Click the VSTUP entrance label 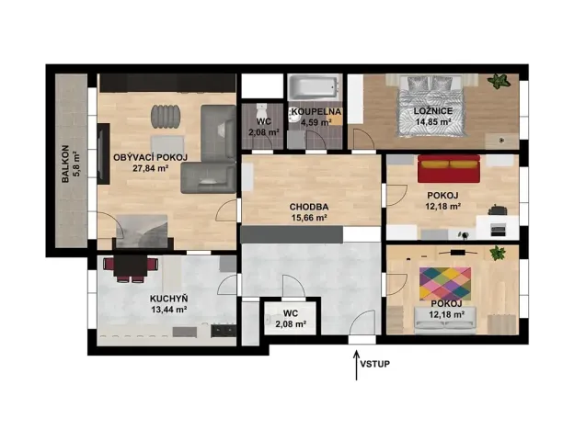(375, 364)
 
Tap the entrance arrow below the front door (356, 366)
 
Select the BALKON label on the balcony (65, 164)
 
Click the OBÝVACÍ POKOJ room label (151, 158)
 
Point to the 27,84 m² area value (151, 168)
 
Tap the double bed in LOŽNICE (432, 107)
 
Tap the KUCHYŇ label (168, 300)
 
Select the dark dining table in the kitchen (131, 266)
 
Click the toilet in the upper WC (262, 109)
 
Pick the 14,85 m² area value (433, 122)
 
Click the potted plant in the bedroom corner (499, 81)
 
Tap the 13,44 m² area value (169, 310)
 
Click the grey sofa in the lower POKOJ (445, 320)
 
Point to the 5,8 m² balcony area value (76, 164)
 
